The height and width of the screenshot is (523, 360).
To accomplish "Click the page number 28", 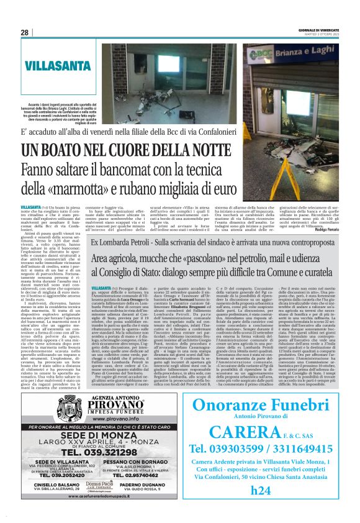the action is [x=24, y=32].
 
